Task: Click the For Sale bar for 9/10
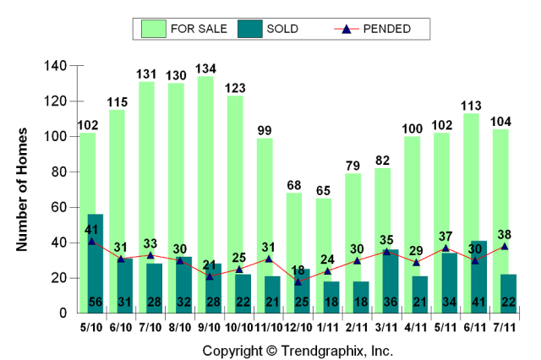205,169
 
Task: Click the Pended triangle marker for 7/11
504,246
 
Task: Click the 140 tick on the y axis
56,66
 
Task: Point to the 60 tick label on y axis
59,207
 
